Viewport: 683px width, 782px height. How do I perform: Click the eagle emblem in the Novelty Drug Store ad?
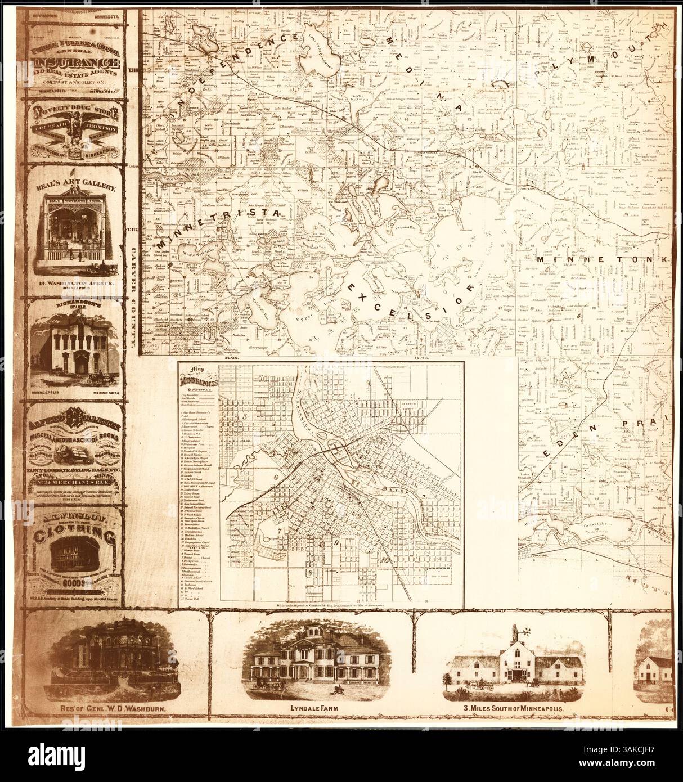[x=77, y=127]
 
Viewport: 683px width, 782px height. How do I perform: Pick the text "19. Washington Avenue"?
[x=78, y=284]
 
